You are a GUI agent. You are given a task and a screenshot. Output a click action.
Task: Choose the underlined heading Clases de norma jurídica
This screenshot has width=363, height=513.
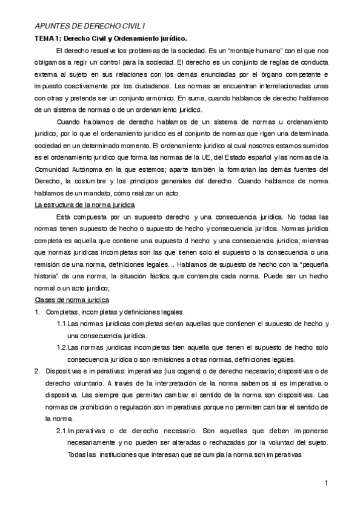pos(72,300)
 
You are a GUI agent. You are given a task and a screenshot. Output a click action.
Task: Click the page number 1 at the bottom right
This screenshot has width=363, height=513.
pos(326,483)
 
